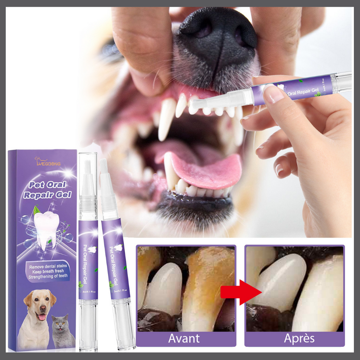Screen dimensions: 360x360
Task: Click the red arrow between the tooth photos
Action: (x=240, y=292)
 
